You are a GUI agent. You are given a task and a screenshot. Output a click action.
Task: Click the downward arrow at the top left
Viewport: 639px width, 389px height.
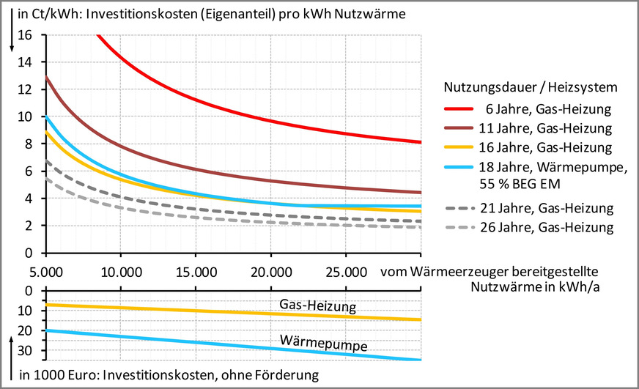(x=11, y=33)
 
